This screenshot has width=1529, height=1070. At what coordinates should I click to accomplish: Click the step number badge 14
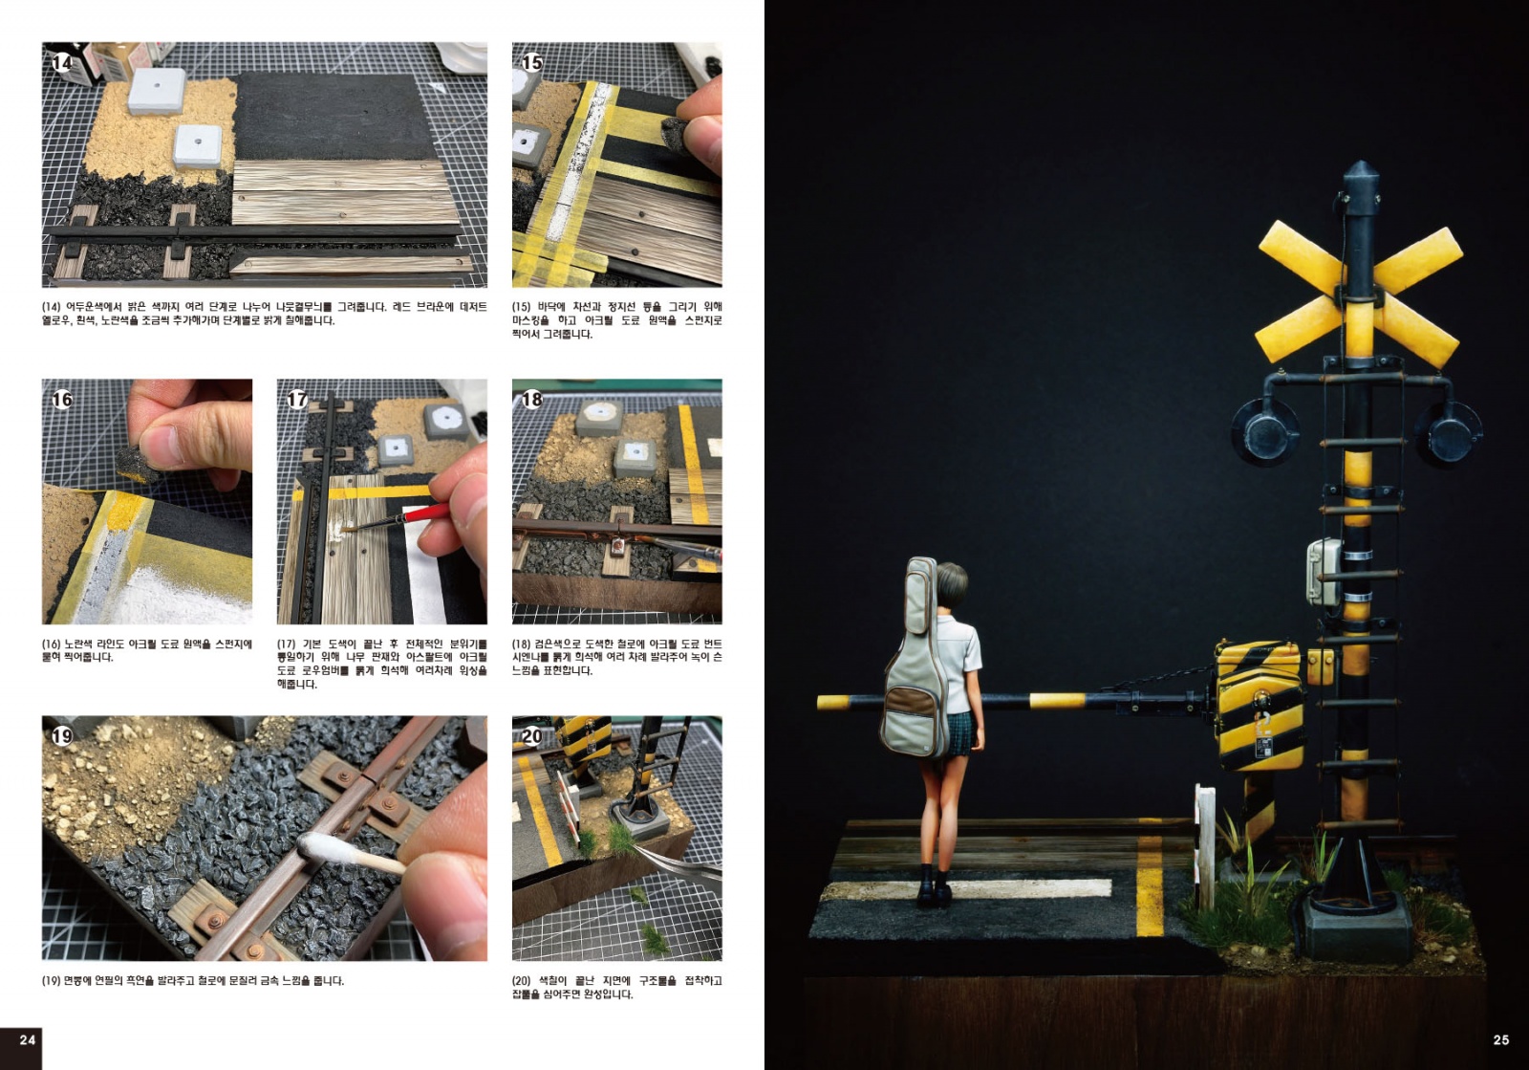coord(61,63)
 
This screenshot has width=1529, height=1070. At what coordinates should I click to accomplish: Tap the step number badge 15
coord(531,63)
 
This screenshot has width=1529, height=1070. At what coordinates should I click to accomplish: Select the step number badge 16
coord(61,400)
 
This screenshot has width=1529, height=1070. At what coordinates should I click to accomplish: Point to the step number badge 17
coord(297,400)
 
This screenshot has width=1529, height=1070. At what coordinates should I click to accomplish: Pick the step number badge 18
coord(531,400)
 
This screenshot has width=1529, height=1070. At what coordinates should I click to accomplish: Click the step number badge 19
coord(61,736)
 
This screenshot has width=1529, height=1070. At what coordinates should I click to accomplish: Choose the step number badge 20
coord(531,736)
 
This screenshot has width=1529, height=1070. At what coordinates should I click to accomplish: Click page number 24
coord(28,1040)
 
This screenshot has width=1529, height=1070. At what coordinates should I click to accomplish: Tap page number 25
coord(1501,1040)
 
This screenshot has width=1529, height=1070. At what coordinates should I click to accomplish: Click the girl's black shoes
coord(934,887)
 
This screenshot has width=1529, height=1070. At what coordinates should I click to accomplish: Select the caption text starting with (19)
coord(193,981)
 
